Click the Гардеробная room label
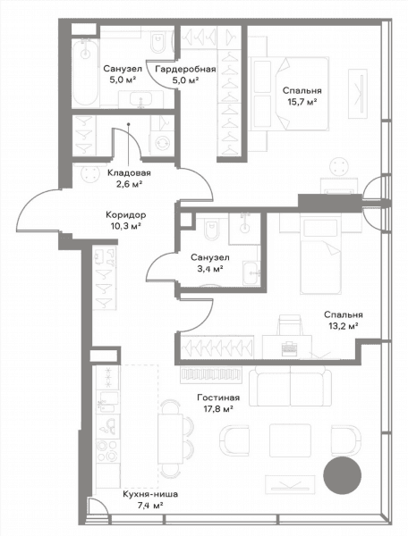tap(185, 70)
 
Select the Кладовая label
tap(129, 173)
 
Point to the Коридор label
tap(126, 215)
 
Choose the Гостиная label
tap(218, 398)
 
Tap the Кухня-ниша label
tap(150, 494)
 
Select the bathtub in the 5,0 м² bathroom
tap(85, 72)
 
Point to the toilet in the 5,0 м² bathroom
tap(157, 42)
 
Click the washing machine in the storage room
tap(162, 143)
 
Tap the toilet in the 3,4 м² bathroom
tap(211, 228)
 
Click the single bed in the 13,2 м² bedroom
tap(320, 254)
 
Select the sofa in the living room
tap(290, 384)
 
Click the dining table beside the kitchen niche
tap(171, 439)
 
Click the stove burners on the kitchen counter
tap(107, 451)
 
